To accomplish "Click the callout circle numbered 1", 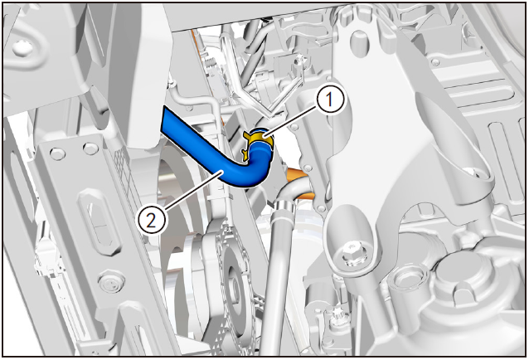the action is click(x=330, y=100).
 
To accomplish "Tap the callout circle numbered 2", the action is click(x=152, y=221).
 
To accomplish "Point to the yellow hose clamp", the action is click(x=257, y=141).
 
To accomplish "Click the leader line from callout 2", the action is click(x=192, y=188).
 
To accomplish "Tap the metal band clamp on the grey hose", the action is click(x=284, y=207).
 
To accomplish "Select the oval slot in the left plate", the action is click(x=97, y=223).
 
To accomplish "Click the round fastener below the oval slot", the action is click(x=110, y=282).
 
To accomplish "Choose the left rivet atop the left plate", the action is click(x=58, y=154).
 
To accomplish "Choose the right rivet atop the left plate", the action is click(x=90, y=147).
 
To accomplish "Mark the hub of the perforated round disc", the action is click(x=234, y=286).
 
